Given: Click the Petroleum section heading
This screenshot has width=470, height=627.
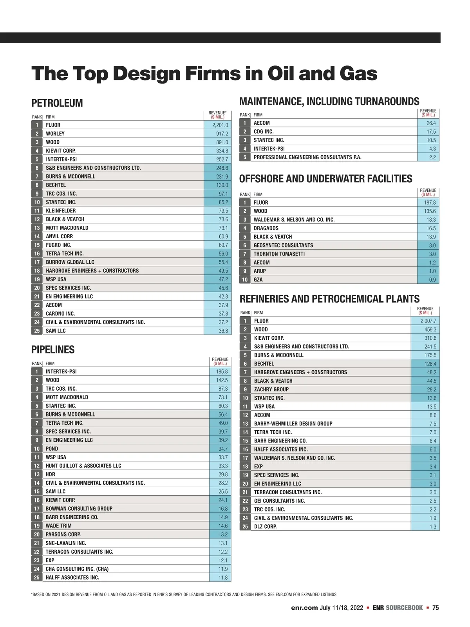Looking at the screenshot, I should [57, 103].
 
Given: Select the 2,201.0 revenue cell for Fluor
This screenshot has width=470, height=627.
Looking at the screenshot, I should [220, 125].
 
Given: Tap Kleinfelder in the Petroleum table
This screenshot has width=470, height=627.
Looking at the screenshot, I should [61, 211].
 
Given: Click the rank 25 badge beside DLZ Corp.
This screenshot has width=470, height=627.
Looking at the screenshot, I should [245, 526].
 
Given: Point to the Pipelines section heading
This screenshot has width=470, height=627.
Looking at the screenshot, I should [53, 350].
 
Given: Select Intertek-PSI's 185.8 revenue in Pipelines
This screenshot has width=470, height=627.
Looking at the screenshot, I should [222, 371].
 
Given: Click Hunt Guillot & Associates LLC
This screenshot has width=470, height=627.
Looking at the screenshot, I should [83, 466].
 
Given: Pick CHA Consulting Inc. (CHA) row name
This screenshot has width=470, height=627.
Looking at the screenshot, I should [77, 569].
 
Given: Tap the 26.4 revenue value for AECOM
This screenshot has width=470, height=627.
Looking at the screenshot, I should [431, 123].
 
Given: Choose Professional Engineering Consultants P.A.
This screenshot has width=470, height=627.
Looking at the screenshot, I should [307, 158].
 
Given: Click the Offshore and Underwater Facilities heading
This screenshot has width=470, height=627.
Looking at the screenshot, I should [325, 179].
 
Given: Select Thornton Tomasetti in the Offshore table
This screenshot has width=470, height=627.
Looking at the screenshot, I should [279, 254].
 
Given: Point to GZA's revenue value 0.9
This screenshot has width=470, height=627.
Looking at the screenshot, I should [432, 280].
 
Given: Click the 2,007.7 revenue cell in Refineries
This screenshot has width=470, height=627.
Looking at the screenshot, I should [428, 321].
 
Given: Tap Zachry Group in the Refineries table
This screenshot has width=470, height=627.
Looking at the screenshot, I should [271, 390].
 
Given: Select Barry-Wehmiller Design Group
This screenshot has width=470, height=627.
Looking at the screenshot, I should [293, 424].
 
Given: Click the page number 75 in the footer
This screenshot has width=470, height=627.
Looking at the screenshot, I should [436, 608].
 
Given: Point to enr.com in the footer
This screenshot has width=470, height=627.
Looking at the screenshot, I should [304, 608].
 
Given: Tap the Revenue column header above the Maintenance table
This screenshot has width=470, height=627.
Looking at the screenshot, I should [428, 113].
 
